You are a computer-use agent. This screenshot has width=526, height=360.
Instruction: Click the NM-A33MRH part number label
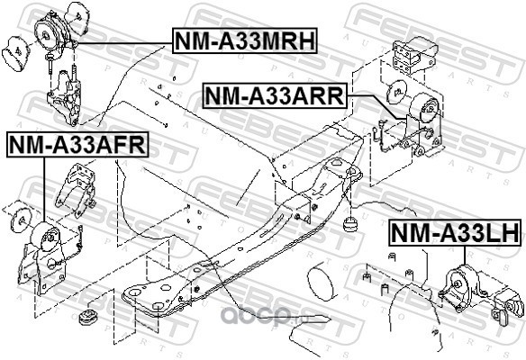pos(245,40)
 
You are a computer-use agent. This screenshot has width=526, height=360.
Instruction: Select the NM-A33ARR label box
pos(275,95)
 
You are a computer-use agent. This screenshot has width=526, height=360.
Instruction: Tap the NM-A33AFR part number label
pos(77,145)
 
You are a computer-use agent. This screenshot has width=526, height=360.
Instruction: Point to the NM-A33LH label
pos(456,232)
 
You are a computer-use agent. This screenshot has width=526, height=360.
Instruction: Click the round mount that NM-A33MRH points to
pos(51,32)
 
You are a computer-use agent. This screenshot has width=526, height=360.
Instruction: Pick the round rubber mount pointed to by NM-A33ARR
pos(424,107)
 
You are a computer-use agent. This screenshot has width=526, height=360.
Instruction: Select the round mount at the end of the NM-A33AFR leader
pos(45,237)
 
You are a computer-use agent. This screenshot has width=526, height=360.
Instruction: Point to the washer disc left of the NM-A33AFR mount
pos(21,220)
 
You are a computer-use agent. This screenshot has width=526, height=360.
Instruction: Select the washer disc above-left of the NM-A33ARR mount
pos(397,91)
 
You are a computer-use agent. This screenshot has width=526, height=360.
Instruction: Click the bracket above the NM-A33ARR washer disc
pos(414,55)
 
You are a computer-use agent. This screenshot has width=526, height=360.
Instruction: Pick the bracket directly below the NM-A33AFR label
pos(77,187)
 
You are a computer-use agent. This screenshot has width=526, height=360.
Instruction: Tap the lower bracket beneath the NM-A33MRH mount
pos(64,97)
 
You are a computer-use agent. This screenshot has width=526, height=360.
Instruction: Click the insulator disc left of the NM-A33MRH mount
pos(16,54)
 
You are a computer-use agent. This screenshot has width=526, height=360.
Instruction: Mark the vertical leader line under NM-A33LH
pos(465,256)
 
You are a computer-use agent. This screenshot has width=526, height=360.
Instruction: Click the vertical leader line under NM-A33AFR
pos(44,190)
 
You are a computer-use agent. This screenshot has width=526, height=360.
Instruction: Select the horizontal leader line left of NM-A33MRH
pos(122,43)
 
